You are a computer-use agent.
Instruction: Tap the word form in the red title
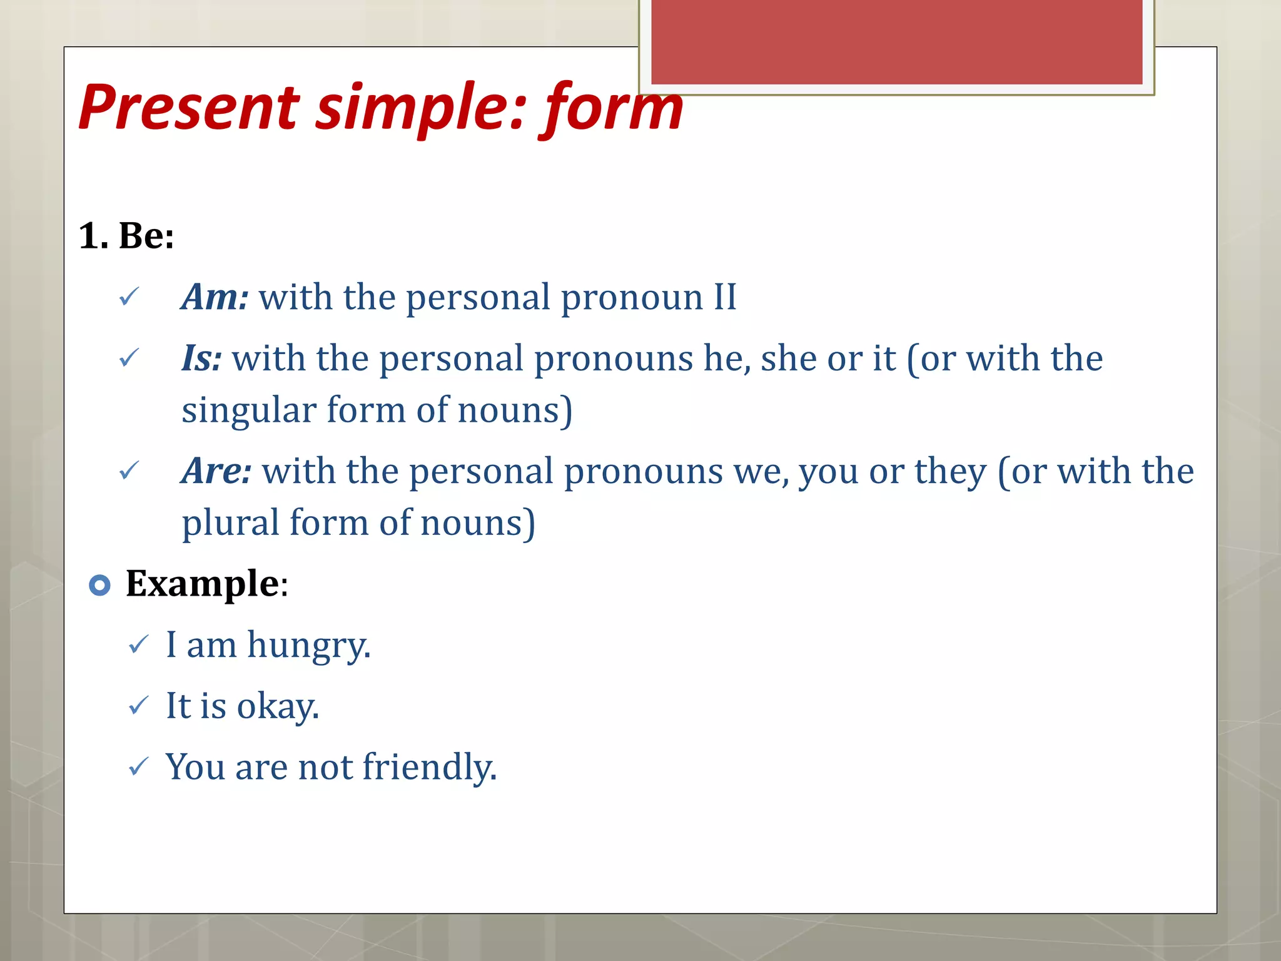pyautogui.click(x=613, y=108)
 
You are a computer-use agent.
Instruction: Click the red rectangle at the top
pyautogui.click(x=896, y=41)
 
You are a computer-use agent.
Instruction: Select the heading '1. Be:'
pyautogui.click(x=126, y=236)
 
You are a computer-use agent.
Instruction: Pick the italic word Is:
pyautogui.click(x=201, y=358)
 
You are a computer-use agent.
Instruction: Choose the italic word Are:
pyautogui.click(x=216, y=470)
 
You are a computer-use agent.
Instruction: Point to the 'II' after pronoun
pyautogui.click(x=725, y=297)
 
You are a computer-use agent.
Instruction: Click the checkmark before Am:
pyautogui.click(x=129, y=297)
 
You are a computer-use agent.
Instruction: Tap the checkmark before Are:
pyautogui.click(x=129, y=471)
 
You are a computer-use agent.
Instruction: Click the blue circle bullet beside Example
pyautogui.click(x=99, y=585)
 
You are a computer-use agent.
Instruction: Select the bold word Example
pyautogui.click(x=202, y=583)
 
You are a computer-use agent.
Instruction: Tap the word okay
pyautogui.click(x=278, y=706)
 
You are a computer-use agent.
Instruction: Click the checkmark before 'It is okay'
pyautogui.click(x=138, y=706)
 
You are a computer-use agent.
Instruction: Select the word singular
pyautogui.click(x=248, y=410)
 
